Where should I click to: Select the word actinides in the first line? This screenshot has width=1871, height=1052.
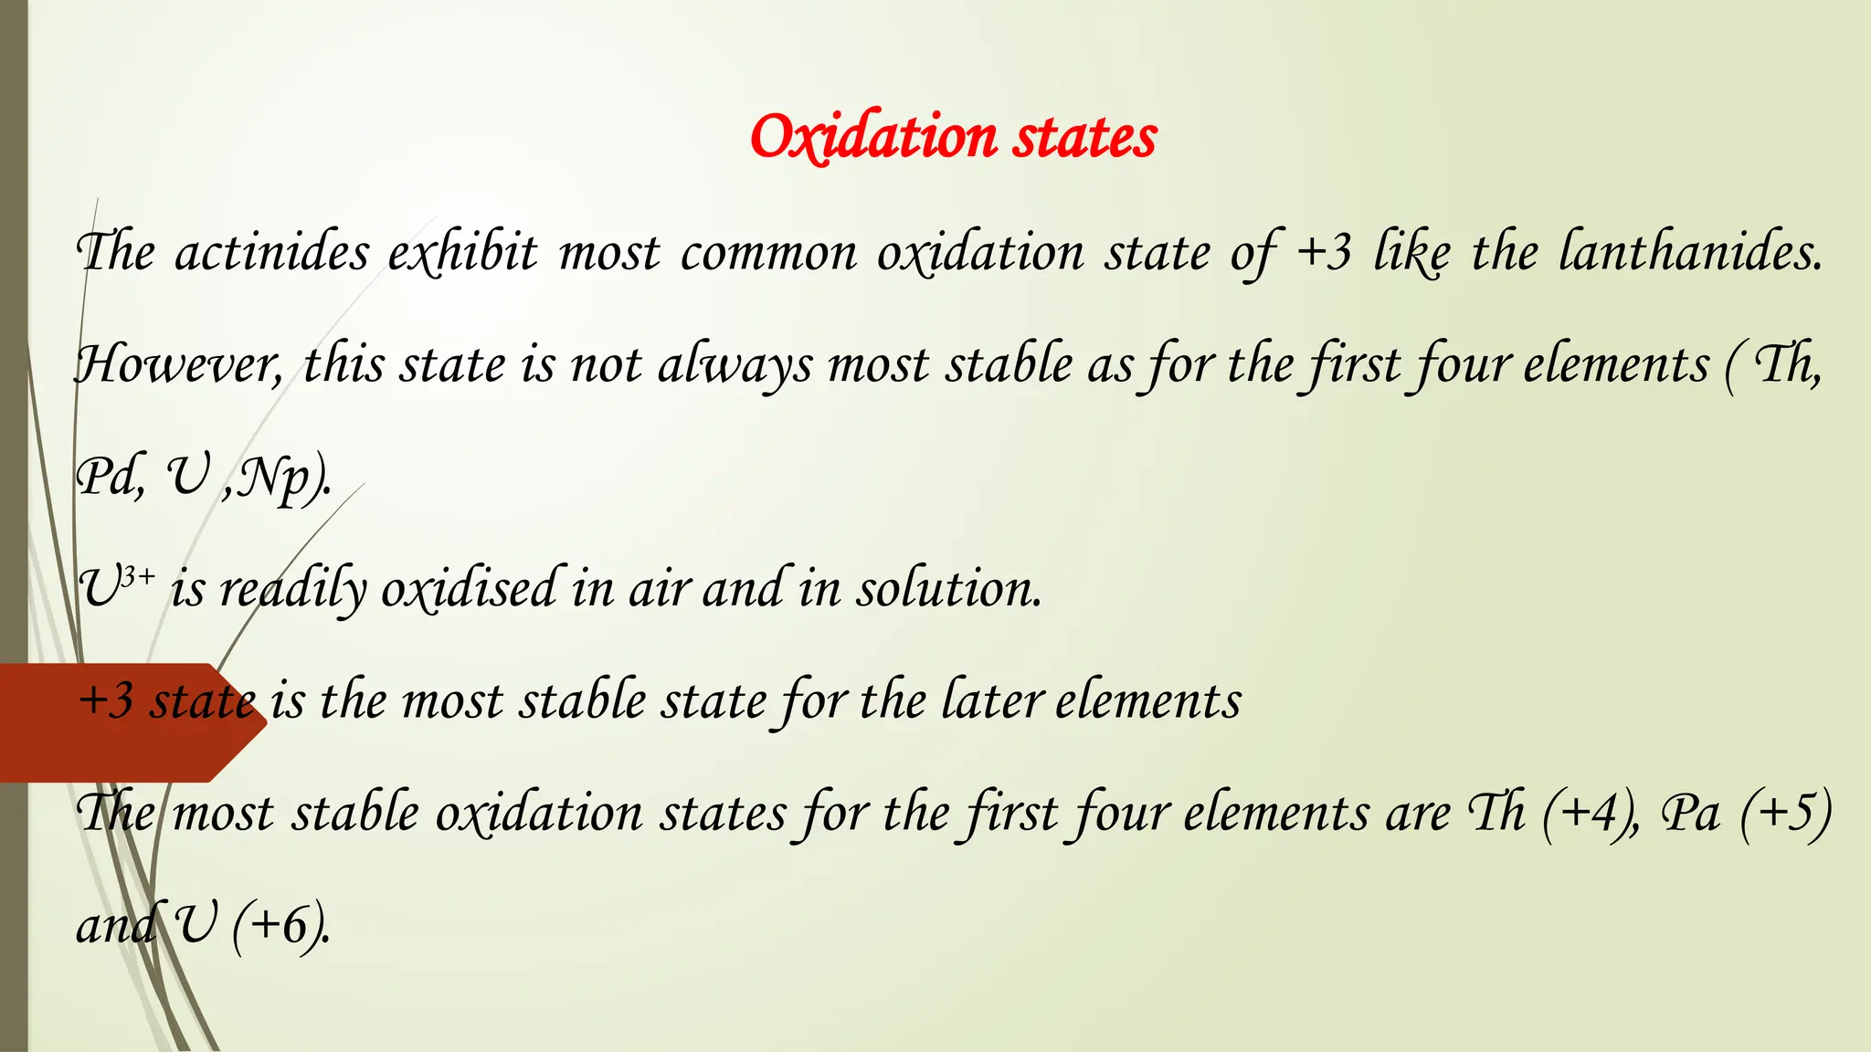click(271, 253)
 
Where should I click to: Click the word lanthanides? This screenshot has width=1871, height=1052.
click(1689, 253)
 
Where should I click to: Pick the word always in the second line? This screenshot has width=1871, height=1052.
click(734, 365)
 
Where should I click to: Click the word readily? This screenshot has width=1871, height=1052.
click(293, 589)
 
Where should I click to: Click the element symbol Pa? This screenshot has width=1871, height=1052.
click(1690, 814)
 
